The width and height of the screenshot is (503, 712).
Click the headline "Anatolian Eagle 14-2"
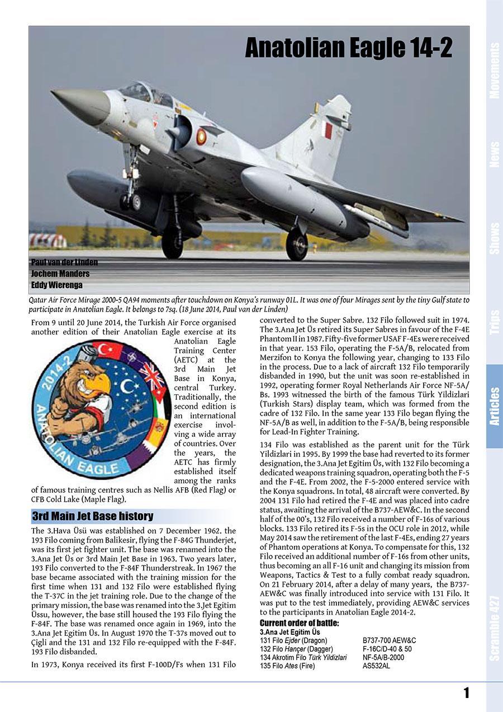click(x=348, y=49)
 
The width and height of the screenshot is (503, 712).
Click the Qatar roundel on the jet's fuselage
click(x=201, y=136)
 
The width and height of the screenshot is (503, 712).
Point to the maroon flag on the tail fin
click(x=329, y=130)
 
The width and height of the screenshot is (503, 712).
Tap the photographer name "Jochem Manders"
click(x=60, y=274)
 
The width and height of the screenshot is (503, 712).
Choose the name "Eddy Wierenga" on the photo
click(x=56, y=285)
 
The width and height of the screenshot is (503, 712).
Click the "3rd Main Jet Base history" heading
click(x=92, y=516)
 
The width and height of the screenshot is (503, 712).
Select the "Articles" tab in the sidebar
click(x=494, y=406)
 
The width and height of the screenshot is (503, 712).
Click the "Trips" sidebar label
click(x=494, y=322)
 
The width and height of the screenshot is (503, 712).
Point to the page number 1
click(x=466, y=694)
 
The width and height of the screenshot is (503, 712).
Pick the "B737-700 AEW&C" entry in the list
click(x=389, y=640)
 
